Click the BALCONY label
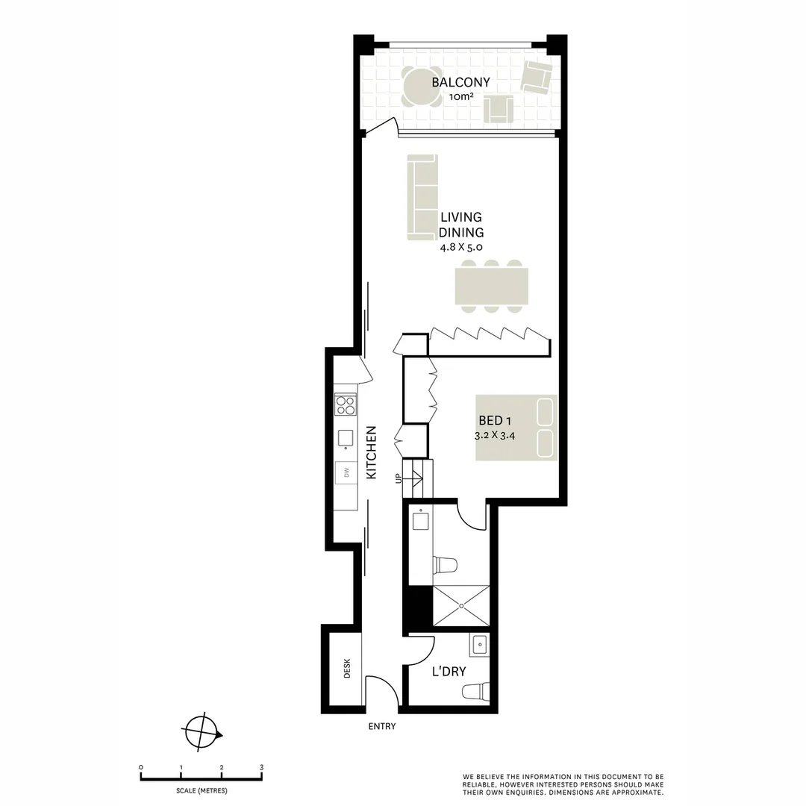pos(460,82)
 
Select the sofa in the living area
pos(422,198)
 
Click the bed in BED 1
pos(516,428)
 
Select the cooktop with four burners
pos(346,404)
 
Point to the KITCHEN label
pos(372,452)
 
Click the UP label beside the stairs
pos(398,478)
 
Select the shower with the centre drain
pos(460,606)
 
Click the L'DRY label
pos(449,672)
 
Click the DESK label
pos(347,669)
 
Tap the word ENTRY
pos(382,727)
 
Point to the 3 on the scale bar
pos(261,767)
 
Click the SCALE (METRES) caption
pos(201,790)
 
